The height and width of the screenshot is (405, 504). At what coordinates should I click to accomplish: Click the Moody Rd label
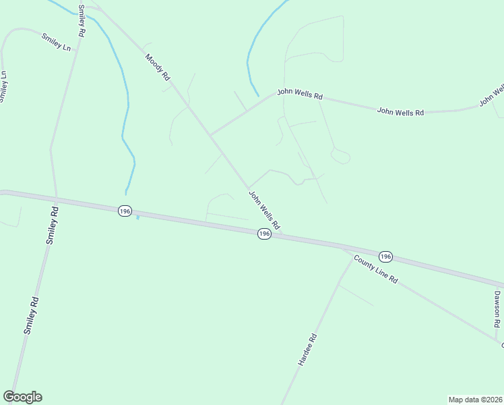point(158,67)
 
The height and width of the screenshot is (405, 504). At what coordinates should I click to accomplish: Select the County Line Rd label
point(376,271)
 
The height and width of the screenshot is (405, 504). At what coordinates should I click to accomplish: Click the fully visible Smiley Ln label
point(56,43)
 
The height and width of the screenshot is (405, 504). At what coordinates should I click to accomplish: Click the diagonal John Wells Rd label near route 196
point(264,209)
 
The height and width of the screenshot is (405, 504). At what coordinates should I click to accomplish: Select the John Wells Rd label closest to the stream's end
point(300,94)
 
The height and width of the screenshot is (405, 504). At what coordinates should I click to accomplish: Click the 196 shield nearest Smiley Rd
point(124,211)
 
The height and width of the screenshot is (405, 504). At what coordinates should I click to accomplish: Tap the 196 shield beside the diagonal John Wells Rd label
point(263,234)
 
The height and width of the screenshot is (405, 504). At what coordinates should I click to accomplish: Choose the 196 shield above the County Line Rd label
point(385,256)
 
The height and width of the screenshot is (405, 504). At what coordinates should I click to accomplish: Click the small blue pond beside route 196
point(137,217)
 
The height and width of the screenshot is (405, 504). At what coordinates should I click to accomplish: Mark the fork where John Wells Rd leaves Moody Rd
point(210,135)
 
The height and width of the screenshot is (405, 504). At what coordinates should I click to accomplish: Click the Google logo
point(22,397)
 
